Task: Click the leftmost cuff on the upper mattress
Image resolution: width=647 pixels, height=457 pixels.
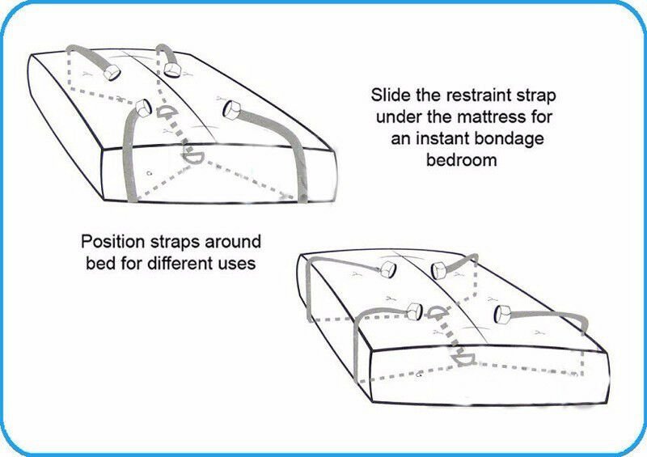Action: pos(112,71)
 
